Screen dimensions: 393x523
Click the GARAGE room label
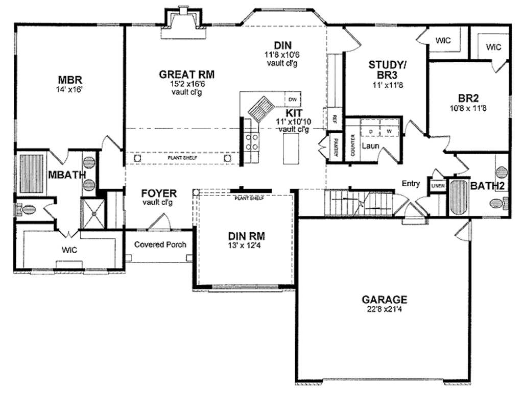(x=384, y=299)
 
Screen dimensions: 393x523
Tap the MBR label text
(x=70, y=80)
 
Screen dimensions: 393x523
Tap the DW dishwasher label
(x=293, y=99)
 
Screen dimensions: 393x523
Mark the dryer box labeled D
(x=371, y=131)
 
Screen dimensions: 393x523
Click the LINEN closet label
(x=438, y=186)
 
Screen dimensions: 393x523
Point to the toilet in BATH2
(x=498, y=203)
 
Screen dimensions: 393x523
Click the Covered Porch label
(x=160, y=244)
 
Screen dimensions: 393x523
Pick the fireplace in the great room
(x=183, y=26)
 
